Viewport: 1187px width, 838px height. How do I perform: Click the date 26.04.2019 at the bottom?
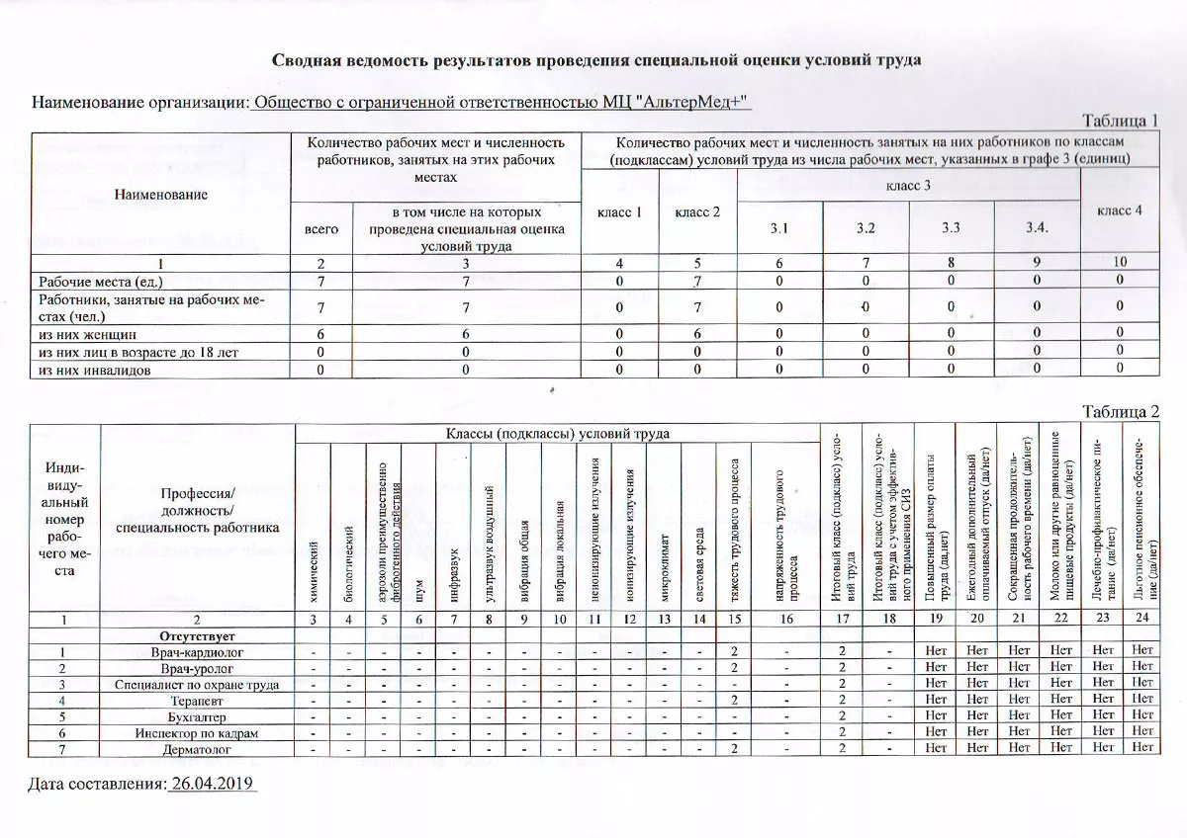pos(213,784)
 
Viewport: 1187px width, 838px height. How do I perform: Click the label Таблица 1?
pos(1120,121)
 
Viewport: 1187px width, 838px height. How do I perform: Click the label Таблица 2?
pos(1120,411)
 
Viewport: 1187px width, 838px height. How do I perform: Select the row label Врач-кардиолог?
pos(198,652)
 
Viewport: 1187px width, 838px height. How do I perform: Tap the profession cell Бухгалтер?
pos(198,716)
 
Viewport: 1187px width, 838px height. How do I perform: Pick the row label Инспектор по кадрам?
pos(198,732)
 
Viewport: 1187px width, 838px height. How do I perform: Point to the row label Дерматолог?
pos(198,749)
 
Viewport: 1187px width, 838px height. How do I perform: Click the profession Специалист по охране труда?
pos(198,684)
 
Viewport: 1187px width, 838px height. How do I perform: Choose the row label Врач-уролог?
pos(198,668)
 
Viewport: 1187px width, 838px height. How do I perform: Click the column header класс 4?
pos(1120,211)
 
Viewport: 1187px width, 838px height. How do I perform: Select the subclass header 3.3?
pos(952,228)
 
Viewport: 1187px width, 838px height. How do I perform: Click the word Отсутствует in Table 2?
pos(198,635)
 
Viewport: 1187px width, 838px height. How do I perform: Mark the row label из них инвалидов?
pos(94,370)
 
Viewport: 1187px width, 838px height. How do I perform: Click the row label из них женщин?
pos(86,334)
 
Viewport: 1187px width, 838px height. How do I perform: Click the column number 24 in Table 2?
pos(1143,619)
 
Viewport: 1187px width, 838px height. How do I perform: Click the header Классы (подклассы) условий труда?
pos(558,434)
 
